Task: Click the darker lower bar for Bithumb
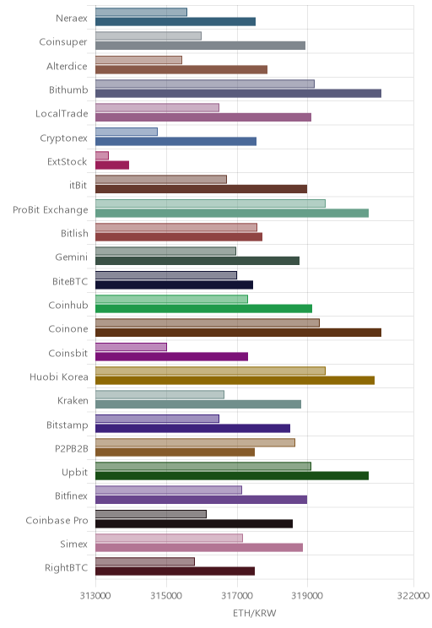tap(238, 94)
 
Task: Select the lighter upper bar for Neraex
tap(142, 12)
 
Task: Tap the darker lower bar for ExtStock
tap(112, 165)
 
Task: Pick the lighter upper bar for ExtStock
tap(102, 155)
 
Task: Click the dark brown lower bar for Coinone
tap(238, 333)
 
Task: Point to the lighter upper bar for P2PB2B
tap(196, 442)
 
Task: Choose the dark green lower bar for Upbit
tap(232, 476)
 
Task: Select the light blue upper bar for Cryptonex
tap(127, 132)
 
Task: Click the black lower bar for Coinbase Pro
tap(194, 523)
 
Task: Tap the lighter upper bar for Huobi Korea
tap(211, 371)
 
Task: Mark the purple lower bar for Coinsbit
tap(172, 356)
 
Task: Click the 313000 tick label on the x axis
tap(95, 596)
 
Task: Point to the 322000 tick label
tap(413, 596)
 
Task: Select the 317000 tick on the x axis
tap(237, 596)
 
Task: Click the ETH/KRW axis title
tap(255, 613)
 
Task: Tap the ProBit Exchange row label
tap(51, 209)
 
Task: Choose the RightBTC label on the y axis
tap(66, 567)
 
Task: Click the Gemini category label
tap(71, 257)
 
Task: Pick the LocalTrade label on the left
tap(62, 113)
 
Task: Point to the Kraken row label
tap(73, 400)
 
